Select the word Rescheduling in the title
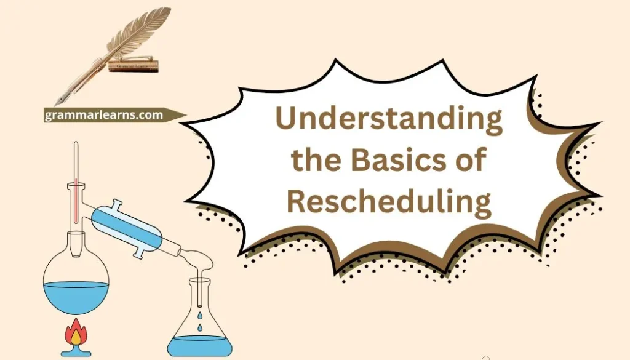click(389, 201)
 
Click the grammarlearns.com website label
click(104, 115)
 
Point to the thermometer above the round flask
click(76, 178)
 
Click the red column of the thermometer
click(76, 203)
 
